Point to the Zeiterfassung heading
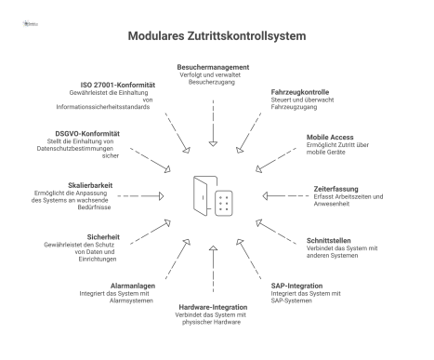(x=338, y=189)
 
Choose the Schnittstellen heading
(x=333, y=240)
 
